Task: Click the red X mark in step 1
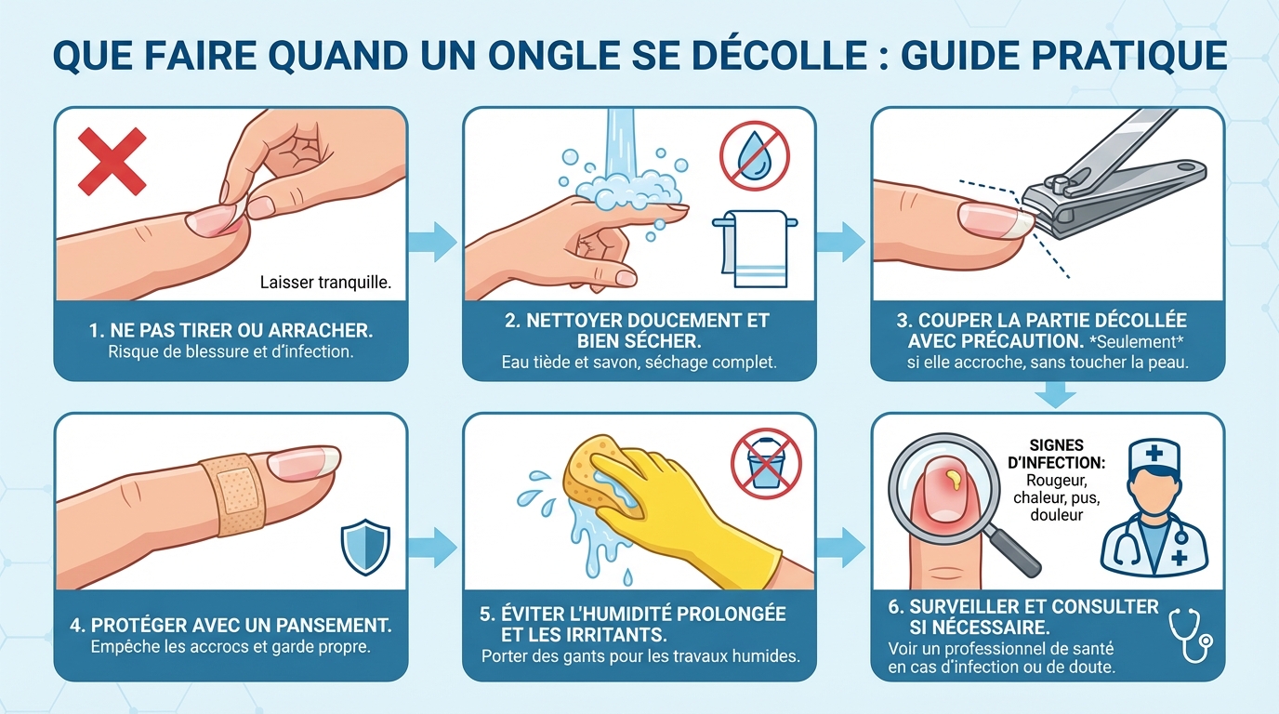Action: click(112, 161)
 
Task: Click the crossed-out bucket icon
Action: click(765, 462)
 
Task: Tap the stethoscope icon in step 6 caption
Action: click(1190, 634)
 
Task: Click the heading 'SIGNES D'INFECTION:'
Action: click(1056, 454)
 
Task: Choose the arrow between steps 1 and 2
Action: click(434, 242)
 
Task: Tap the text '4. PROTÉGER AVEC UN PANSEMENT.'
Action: click(231, 624)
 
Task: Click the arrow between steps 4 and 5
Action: click(434, 546)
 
